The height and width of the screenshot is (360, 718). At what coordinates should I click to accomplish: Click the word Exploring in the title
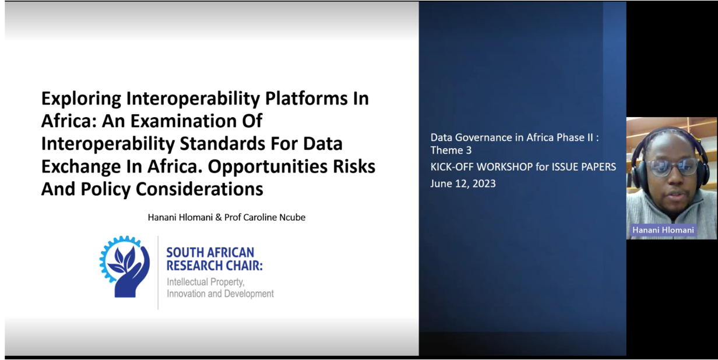pos(81,99)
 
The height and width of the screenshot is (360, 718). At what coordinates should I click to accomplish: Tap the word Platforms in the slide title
pos(306,98)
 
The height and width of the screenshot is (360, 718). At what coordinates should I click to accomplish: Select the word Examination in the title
pos(184,121)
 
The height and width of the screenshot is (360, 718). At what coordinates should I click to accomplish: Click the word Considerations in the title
pos(199,189)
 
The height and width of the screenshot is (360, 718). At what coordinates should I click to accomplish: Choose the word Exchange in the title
pos(81,167)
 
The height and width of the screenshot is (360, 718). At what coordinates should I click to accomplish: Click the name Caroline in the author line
pos(260,217)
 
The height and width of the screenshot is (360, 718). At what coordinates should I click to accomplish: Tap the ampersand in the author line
pos(219,217)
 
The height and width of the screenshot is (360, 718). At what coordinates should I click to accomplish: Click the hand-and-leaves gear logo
pos(124,266)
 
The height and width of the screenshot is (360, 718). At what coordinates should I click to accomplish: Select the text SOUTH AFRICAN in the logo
pos(210,253)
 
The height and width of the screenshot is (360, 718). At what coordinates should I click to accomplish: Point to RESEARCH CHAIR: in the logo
pos(214,266)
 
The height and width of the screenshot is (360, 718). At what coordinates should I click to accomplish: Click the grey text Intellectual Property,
pos(206,282)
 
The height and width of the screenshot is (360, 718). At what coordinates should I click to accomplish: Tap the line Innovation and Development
pos(220,294)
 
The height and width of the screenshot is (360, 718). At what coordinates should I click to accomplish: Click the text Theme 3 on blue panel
pos(450,150)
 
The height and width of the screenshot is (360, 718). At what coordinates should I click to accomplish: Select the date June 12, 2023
pos(463,183)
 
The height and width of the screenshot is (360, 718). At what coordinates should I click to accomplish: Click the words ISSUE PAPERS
pos(584,167)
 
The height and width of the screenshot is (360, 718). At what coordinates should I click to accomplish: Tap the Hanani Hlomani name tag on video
pos(663,230)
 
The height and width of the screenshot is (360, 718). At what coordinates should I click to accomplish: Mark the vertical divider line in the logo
pos(158,273)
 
